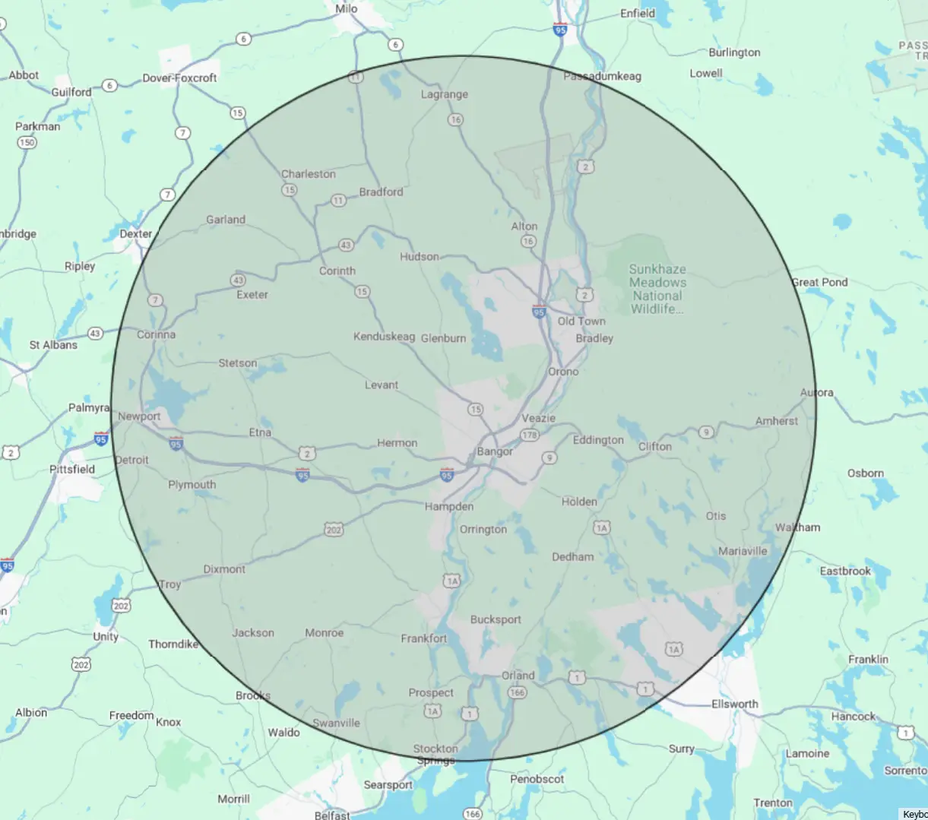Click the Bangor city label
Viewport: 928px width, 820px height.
pyautogui.click(x=495, y=451)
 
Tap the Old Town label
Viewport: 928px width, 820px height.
pyautogui.click(x=581, y=321)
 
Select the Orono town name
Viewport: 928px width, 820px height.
pyautogui.click(x=563, y=372)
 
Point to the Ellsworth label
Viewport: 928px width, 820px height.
pyautogui.click(x=734, y=704)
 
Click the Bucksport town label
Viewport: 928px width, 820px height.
pyautogui.click(x=496, y=619)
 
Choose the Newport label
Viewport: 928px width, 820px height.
pyautogui.click(x=139, y=416)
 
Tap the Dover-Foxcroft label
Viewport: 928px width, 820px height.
pyautogui.click(x=179, y=78)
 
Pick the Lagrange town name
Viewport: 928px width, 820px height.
pyautogui.click(x=445, y=94)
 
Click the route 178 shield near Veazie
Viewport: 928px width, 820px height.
pyautogui.click(x=529, y=435)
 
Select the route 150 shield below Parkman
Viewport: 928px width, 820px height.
pyautogui.click(x=27, y=142)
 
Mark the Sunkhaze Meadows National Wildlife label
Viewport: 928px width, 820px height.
pyautogui.click(x=657, y=289)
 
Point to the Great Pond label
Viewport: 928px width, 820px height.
pyautogui.click(x=819, y=282)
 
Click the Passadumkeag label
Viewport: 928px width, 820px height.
pyautogui.click(x=602, y=76)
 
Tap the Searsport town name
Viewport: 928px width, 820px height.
pyautogui.click(x=388, y=784)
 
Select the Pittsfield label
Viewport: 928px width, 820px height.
pyautogui.click(x=72, y=469)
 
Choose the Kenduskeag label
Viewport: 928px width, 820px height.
pyautogui.click(x=384, y=336)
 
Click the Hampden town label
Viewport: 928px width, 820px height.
pyautogui.click(x=449, y=506)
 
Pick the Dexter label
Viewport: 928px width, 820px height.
pyautogui.click(x=135, y=233)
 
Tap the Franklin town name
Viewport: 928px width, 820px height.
pyautogui.click(x=868, y=659)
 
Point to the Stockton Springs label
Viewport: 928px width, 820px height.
pyautogui.click(x=435, y=754)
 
